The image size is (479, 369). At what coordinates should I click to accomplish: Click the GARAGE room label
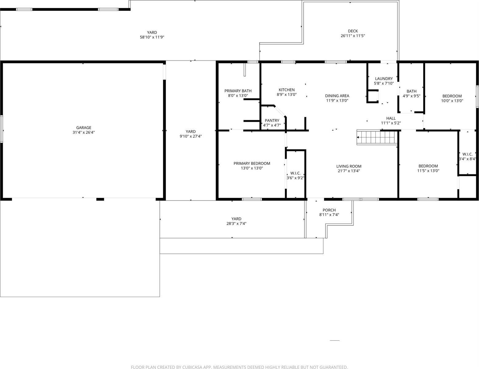(84, 128)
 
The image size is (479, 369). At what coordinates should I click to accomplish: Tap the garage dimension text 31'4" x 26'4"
(84, 132)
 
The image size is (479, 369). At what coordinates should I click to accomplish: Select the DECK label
(353, 31)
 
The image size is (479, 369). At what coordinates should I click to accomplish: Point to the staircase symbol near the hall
(377, 137)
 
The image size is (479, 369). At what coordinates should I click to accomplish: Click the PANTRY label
(272, 121)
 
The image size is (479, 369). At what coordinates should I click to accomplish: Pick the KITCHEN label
(287, 90)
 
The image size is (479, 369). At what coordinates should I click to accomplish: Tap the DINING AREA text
(337, 96)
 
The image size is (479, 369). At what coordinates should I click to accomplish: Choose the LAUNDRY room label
(384, 78)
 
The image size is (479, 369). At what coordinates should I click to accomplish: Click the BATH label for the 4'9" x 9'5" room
(411, 91)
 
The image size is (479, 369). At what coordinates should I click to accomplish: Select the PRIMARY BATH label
(238, 91)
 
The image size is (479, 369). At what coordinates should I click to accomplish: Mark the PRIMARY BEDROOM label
(252, 163)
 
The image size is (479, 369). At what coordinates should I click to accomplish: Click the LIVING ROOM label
(349, 166)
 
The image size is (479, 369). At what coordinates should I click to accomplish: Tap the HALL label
(391, 118)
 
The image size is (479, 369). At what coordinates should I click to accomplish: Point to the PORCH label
(329, 210)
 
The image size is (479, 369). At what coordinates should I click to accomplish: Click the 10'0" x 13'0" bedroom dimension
(452, 101)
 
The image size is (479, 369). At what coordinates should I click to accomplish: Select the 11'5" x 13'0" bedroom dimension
(428, 171)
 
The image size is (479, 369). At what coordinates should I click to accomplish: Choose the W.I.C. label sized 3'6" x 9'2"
(295, 173)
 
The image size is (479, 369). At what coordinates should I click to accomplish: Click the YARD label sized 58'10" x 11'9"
(152, 32)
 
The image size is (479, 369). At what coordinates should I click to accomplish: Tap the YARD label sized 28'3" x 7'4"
(236, 219)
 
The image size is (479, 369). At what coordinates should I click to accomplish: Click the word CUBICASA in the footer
(193, 367)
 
